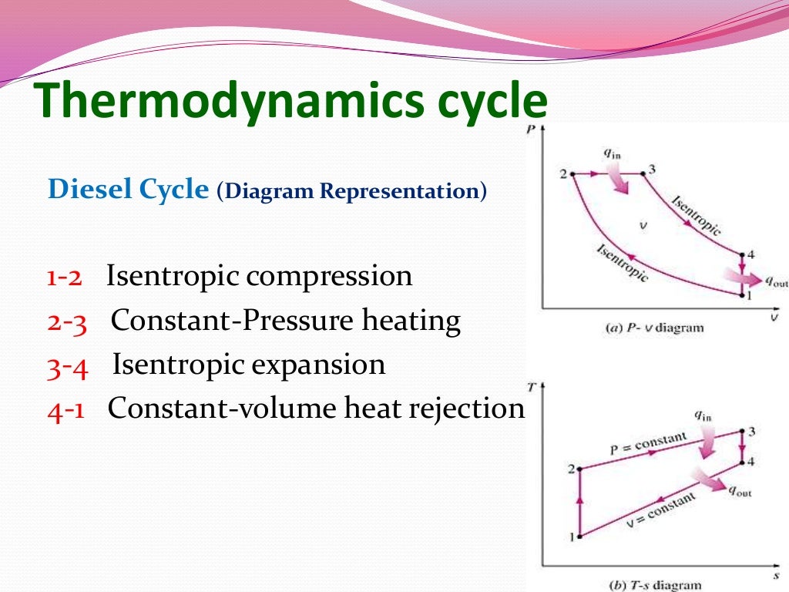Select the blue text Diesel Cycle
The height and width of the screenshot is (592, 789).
pyautogui.click(x=128, y=190)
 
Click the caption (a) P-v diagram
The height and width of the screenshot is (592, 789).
pyautogui.click(x=652, y=328)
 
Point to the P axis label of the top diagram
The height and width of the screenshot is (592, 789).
pyautogui.click(x=530, y=131)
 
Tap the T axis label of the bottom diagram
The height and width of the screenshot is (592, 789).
pyautogui.click(x=530, y=385)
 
